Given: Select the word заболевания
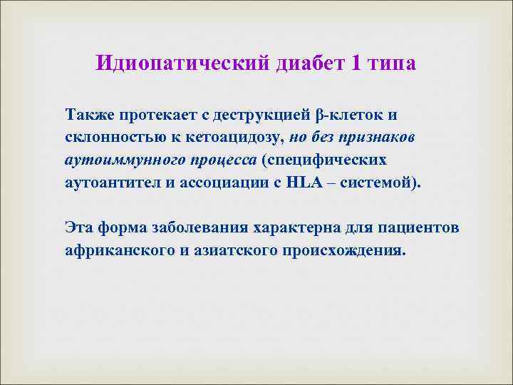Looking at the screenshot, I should [197, 227].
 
